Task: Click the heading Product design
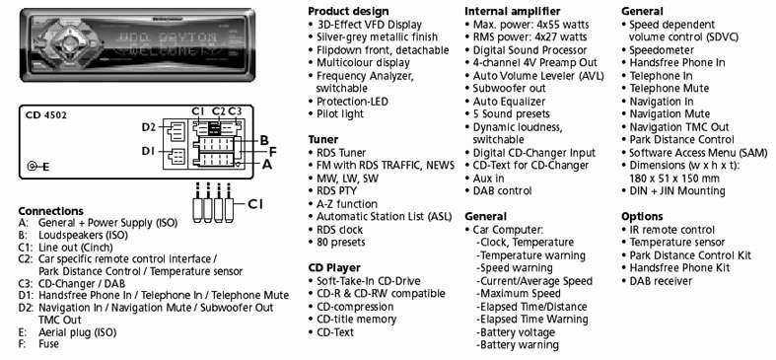[348, 11]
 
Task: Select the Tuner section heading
[323, 139]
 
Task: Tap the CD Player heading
[334, 268]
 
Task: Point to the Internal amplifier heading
[512, 11]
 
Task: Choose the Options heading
[642, 216]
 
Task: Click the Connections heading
[50, 211]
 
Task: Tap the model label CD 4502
[46, 115]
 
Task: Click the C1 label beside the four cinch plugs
[254, 203]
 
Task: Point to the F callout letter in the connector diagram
[272, 152]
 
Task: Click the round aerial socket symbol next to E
[33, 167]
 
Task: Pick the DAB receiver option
[661, 281]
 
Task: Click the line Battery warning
[518, 345]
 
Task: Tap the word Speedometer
[662, 50]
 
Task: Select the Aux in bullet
[488, 178]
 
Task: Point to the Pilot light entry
[340, 113]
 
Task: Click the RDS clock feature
[339, 230]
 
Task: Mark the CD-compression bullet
[355, 307]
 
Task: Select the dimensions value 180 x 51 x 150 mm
[674, 179]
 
